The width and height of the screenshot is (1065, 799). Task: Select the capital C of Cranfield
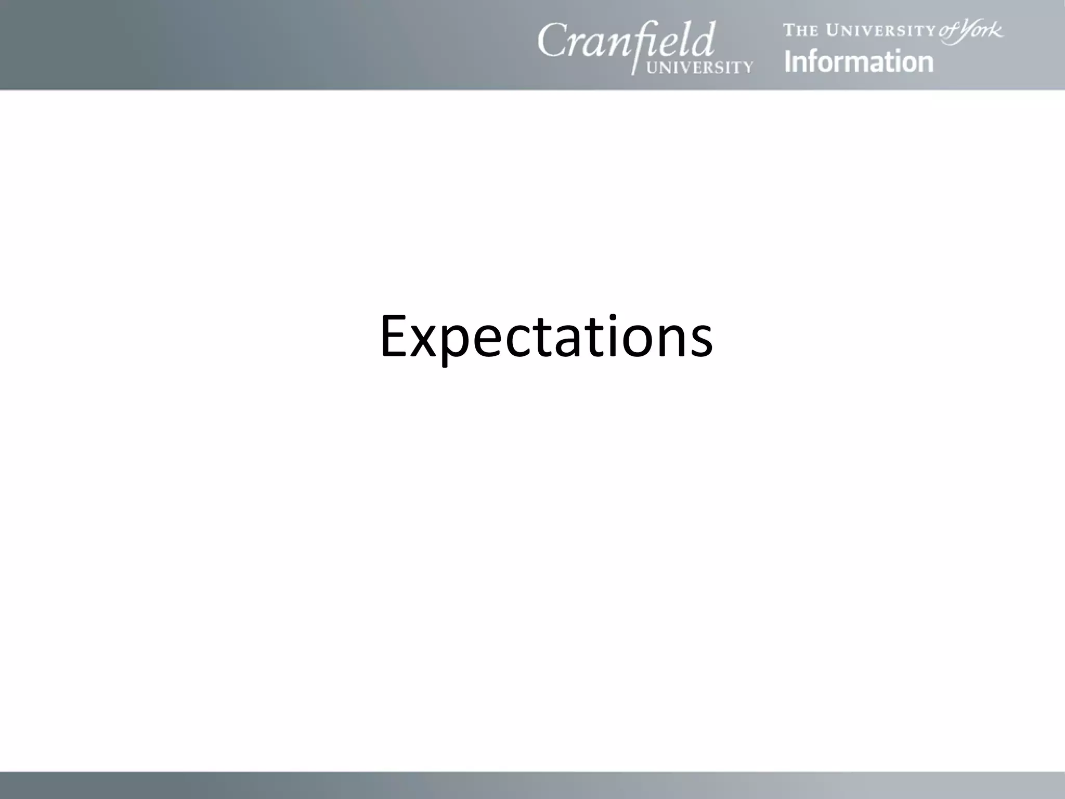tap(552, 41)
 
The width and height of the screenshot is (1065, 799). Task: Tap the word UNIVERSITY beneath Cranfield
tap(699, 67)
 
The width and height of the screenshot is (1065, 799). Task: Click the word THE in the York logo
tap(801, 31)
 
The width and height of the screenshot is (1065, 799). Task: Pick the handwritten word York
tap(981, 30)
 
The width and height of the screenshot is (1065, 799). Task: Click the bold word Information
tap(859, 61)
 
